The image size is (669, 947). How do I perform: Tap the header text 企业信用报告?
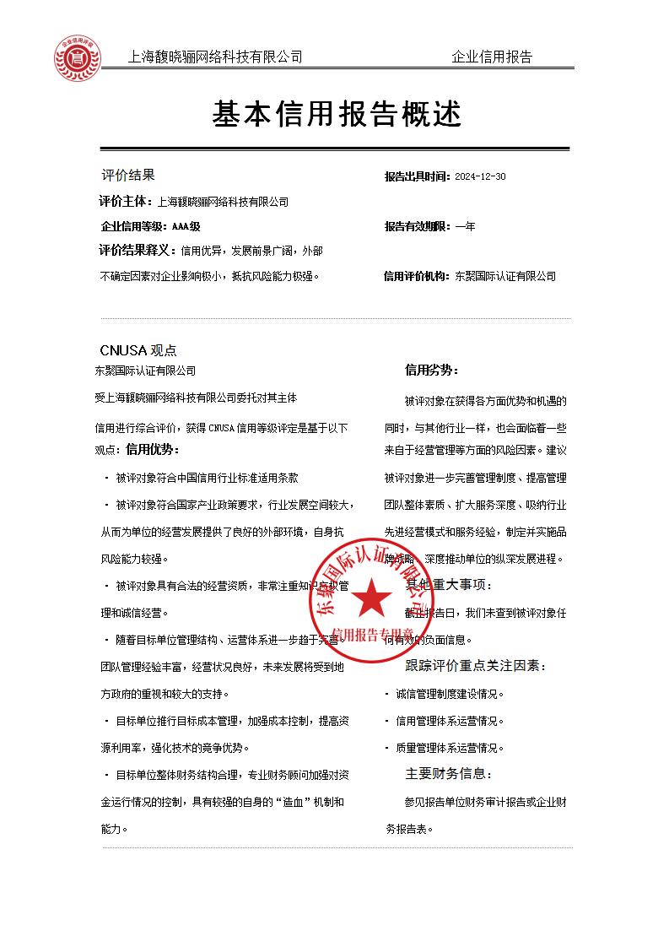(492, 57)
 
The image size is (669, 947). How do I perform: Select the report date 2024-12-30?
(480, 177)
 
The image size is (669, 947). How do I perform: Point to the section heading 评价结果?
(128, 176)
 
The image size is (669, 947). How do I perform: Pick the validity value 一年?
(465, 226)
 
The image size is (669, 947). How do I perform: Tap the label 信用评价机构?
(417, 276)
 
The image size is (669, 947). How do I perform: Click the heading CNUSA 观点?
(138, 350)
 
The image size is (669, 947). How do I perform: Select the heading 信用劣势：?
(432, 370)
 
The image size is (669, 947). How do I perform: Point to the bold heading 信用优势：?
(152, 449)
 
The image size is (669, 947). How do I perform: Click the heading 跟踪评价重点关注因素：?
(476, 667)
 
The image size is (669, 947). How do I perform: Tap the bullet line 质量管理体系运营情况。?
(450, 748)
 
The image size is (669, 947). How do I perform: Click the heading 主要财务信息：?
(449, 774)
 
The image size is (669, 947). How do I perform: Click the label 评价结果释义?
(136, 251)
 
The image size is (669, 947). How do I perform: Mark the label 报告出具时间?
(417, 177)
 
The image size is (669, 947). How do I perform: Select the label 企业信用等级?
(133, 226)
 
